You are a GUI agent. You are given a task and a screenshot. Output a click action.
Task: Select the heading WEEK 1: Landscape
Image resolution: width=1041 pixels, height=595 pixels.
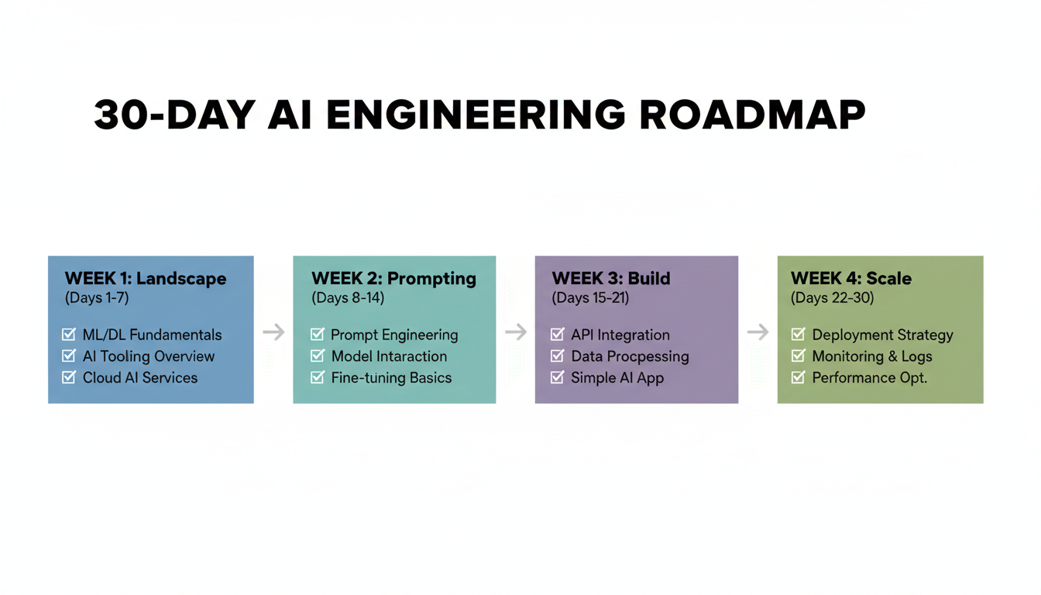[x=146, y=279]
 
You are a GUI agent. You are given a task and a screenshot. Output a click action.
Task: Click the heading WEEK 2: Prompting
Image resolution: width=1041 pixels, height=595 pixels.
[x=393, y=279]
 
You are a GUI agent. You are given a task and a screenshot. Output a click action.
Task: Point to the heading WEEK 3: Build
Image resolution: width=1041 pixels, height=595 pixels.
[x=611, y=279]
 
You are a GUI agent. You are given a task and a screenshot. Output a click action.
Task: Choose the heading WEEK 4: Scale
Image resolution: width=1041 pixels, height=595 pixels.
[x=851, y=279]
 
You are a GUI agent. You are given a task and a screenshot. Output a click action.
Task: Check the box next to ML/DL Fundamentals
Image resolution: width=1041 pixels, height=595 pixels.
[x=69, y=335]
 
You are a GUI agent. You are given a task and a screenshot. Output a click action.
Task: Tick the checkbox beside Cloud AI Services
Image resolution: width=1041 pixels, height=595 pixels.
[x=69, y=377]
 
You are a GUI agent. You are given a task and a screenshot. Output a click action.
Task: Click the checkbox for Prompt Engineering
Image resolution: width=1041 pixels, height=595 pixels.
[x=317, y=335]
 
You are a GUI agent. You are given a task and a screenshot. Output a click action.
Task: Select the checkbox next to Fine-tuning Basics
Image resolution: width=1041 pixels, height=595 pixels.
[x=317, y=377]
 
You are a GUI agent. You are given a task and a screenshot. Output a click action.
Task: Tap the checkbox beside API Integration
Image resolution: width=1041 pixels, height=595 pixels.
[x=558, y=335]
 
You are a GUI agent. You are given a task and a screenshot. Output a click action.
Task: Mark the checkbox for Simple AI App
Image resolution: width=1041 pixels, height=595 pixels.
[x=558, y=377]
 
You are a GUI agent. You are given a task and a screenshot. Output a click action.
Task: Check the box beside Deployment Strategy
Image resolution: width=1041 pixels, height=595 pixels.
[x=799, y=335]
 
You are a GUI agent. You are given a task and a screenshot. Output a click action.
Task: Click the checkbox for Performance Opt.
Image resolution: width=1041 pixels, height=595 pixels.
[x=799, y=377]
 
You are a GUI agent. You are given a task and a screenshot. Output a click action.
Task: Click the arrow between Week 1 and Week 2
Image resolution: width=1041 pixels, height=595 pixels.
[x=273, y=332]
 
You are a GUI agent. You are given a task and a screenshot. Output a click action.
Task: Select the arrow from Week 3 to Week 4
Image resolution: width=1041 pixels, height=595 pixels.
[x=758, y=332]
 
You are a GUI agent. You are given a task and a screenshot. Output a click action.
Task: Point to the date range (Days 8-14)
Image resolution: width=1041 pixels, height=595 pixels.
[x=348, y=298]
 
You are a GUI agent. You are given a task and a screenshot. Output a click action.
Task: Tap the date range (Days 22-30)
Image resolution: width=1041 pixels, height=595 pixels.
[x=833, y=298]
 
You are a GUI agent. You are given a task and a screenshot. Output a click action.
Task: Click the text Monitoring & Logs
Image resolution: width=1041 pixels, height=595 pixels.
[x=872, y=356]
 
